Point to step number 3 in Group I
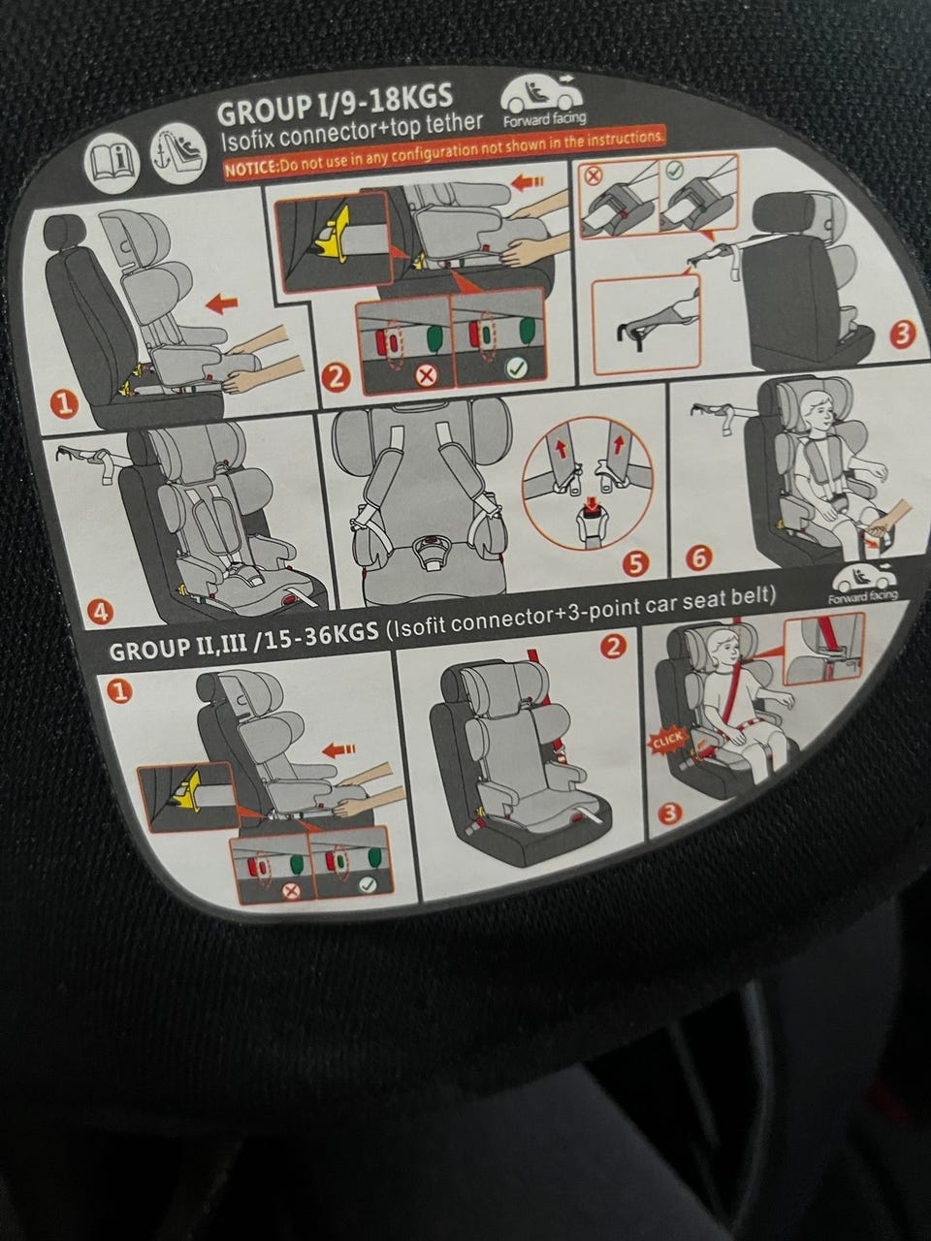tap(902, 334)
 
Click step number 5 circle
tap(635, 563)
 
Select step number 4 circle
tap(102, 613)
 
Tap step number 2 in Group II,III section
tap(615, 647)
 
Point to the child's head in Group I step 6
tap(817, 413)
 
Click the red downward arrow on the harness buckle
tap(592, 502)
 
